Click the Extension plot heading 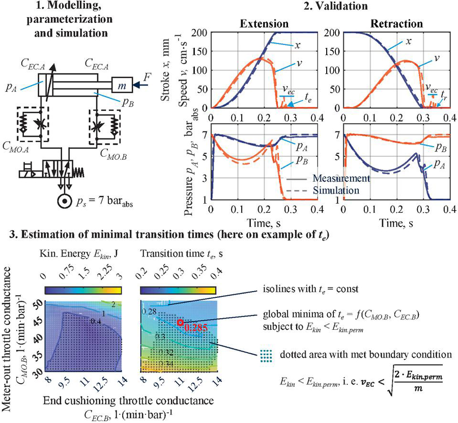click(262, 23)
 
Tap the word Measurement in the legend click(341, 179)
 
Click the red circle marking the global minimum click(180, 322)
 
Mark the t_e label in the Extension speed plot click(308, 101)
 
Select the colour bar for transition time click(178, 291)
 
